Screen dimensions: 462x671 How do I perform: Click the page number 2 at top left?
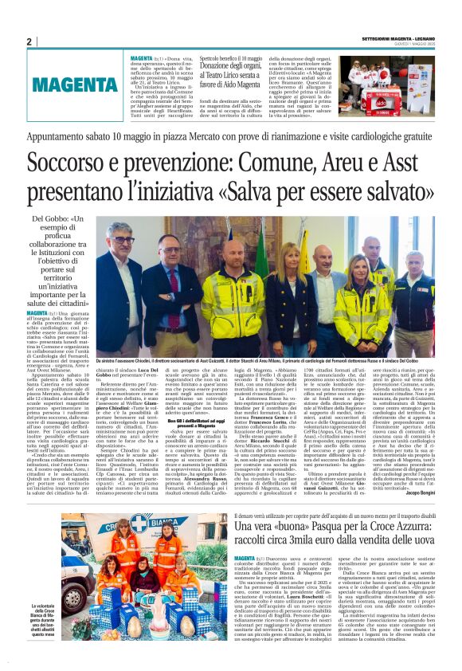[29, 41]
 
